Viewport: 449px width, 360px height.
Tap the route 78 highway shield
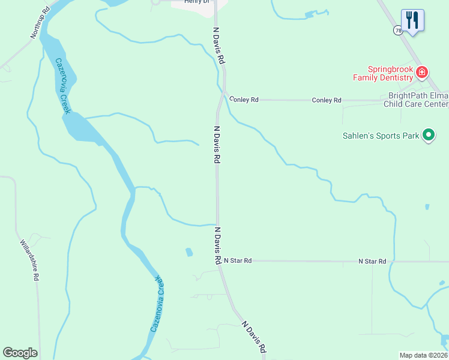click(398, 30)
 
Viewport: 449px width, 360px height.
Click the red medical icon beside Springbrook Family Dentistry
click(422, 73)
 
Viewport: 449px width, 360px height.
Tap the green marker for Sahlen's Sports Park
click(429, 136)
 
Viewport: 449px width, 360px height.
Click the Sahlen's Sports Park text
click(381, 136)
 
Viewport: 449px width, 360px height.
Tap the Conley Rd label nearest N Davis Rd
click(244, 100)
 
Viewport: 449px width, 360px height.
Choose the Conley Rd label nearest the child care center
click(327, 100)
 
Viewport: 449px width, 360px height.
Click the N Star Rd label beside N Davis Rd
click(238, 261)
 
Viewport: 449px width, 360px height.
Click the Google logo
click(20, 353)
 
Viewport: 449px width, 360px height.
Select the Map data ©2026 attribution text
click(423, 355)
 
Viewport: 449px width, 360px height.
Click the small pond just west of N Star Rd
click(189, 252)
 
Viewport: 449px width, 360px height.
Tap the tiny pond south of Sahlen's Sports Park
click(427, 207)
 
